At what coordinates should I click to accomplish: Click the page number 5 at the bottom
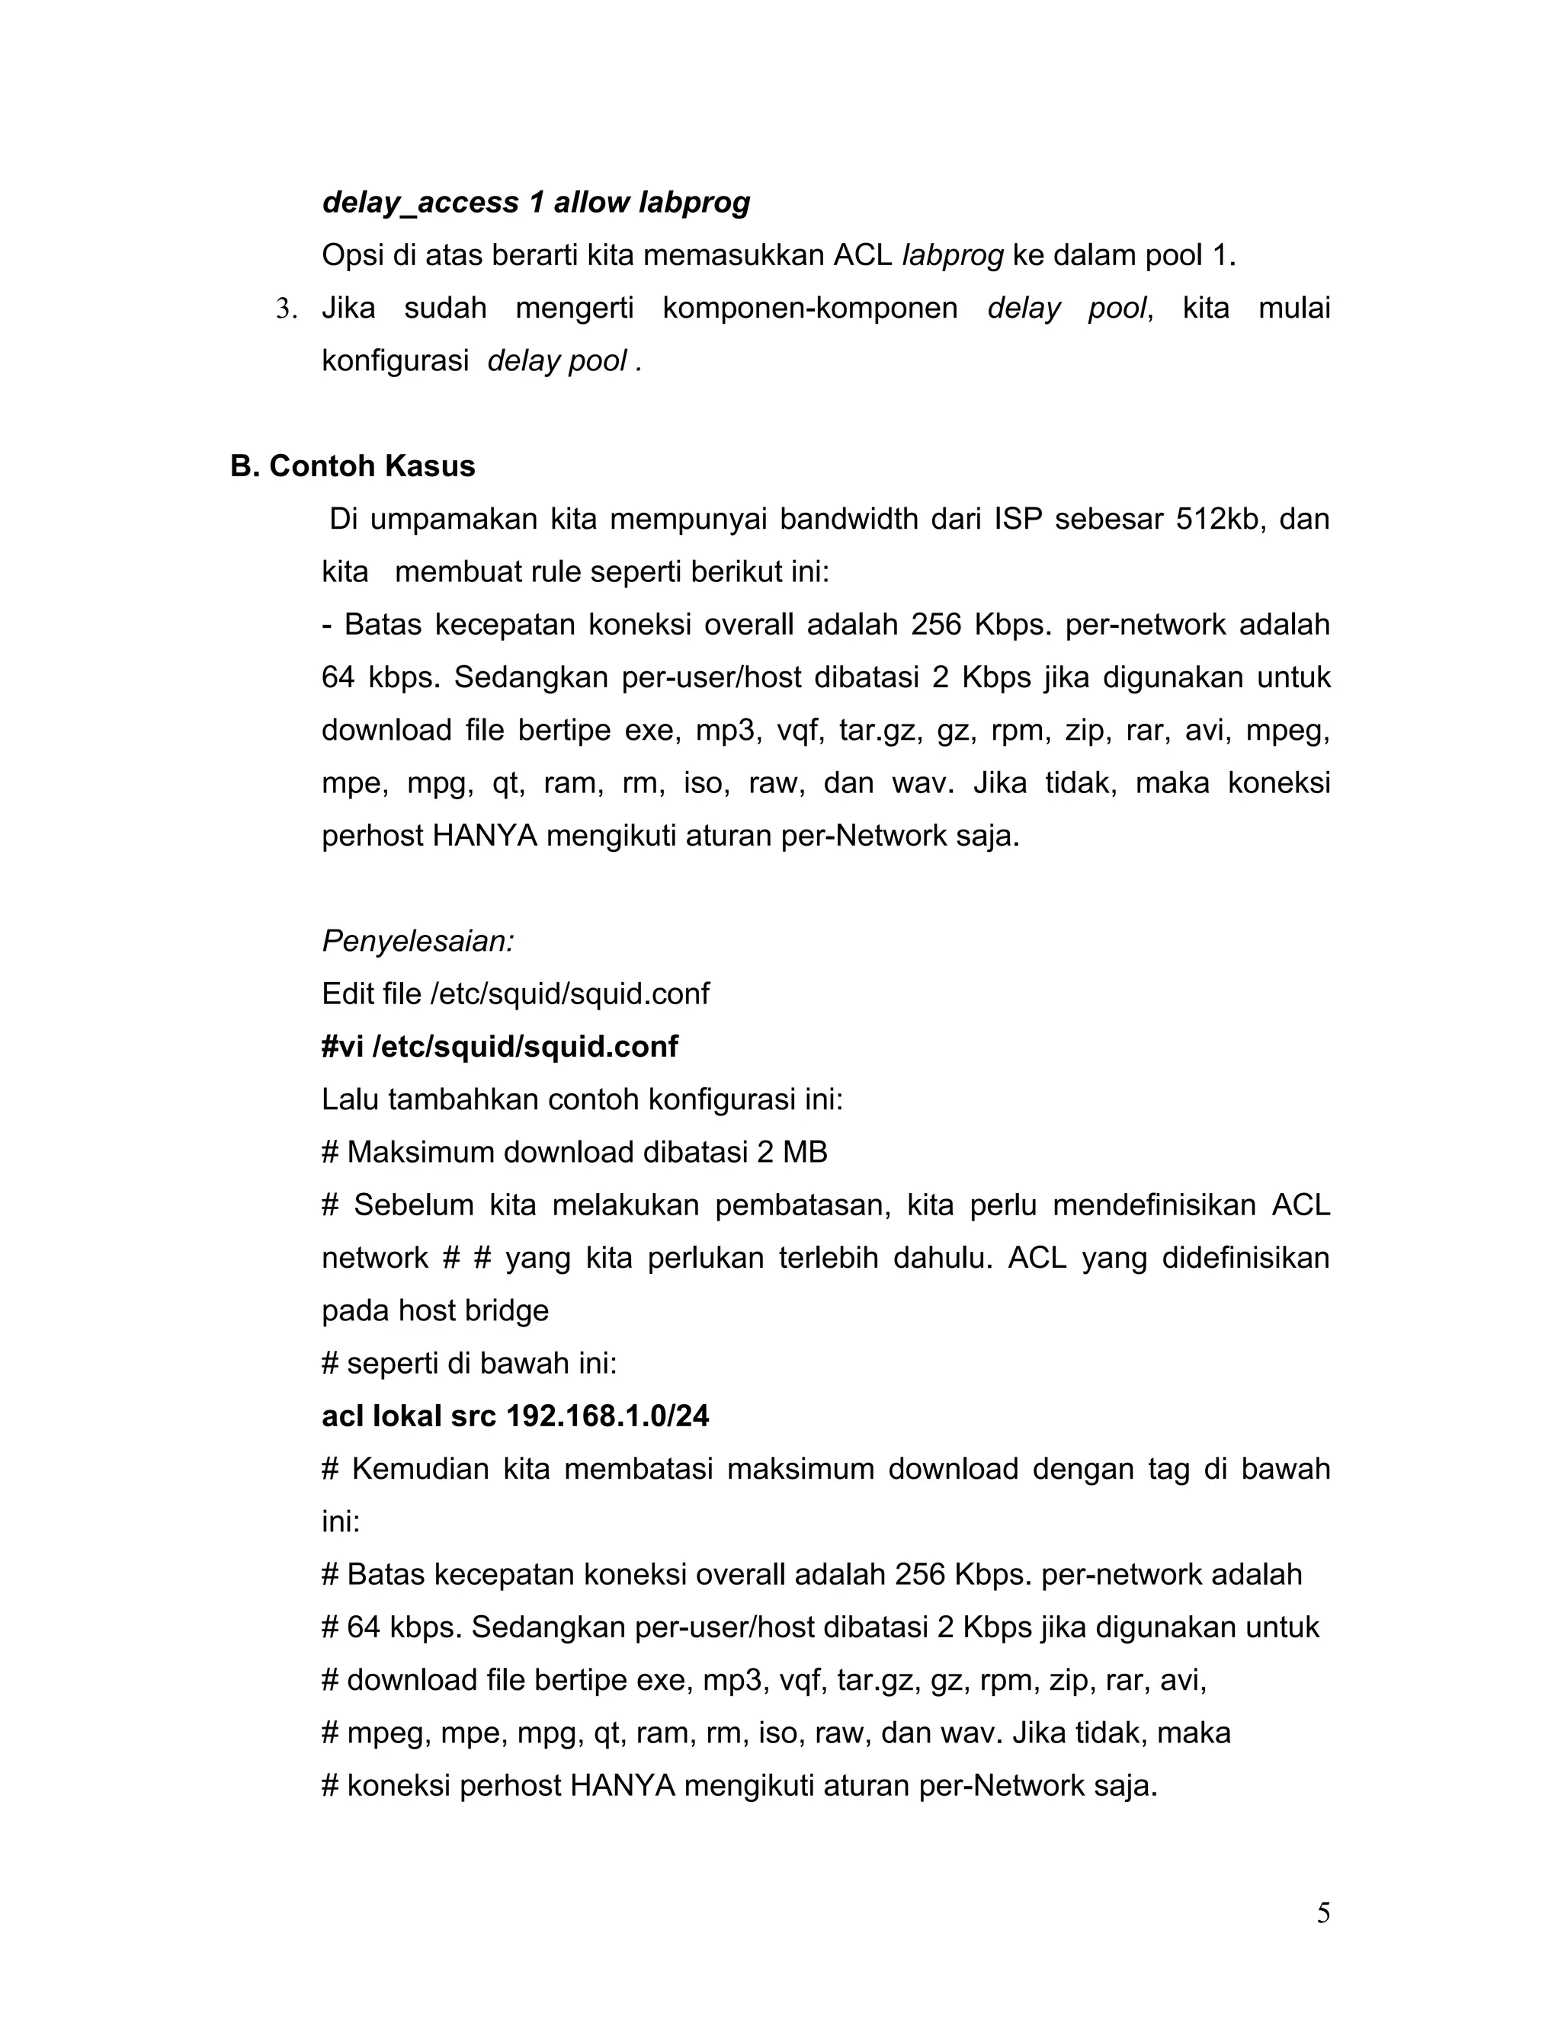click(1322, 1912)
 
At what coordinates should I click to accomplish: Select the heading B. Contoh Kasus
click(352, 466)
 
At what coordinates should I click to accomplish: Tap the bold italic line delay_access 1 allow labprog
click(535, 203)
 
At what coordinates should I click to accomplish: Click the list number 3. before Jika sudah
click(287, 309)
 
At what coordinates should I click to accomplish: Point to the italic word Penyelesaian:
click(418, 941)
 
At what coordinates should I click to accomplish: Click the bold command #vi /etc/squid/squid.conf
click(499, 1047)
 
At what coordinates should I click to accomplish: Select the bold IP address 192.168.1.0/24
click(607, 1416)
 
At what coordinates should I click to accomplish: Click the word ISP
click(1018, 519)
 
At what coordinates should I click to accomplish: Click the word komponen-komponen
click(809, 308)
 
